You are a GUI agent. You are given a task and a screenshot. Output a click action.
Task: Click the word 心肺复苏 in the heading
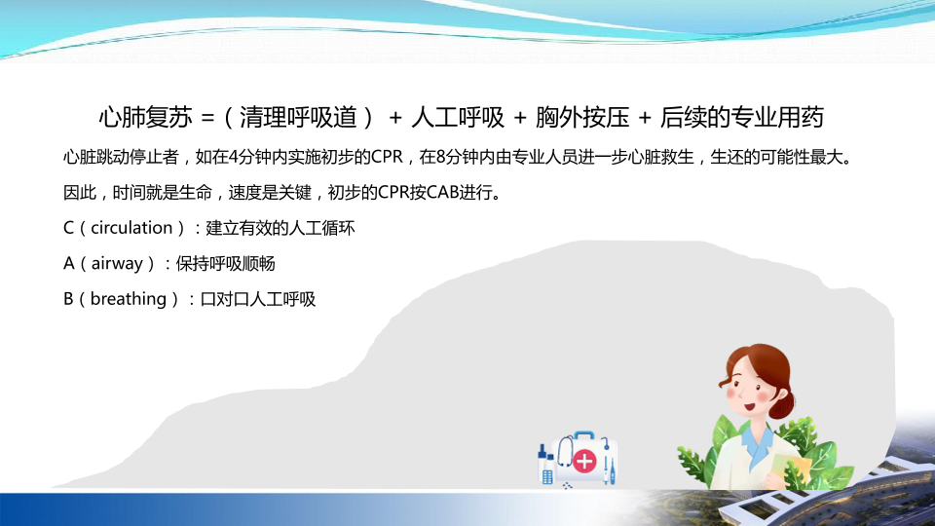(x=145, y=118)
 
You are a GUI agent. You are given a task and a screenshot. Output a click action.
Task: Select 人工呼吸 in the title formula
(x=458, y=118)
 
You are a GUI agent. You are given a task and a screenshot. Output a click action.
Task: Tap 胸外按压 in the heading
(x=582, y=118)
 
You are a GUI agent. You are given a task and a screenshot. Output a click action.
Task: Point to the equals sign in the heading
(x=207, y=118)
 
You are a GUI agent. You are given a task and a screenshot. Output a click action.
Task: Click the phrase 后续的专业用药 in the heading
(x=742, y=118)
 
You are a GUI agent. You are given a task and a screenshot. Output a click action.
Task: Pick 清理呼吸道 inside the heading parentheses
(x=298, y=118)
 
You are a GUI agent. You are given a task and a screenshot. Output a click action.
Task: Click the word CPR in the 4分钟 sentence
(x=387, y=158)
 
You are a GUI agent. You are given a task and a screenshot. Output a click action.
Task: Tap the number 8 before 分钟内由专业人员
(x=440, y=158)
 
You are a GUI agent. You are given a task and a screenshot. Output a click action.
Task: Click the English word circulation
(x=131, y=228)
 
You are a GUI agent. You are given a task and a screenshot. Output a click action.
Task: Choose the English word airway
(x=117, y=264)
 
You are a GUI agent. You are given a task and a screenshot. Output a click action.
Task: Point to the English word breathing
(x=129, y=299)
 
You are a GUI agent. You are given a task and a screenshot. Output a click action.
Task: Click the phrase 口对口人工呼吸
(x=257, y=299)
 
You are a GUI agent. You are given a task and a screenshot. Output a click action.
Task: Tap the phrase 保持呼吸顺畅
(x=225, y=264)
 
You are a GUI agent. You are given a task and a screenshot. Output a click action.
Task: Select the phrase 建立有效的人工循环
(x=280, y=228)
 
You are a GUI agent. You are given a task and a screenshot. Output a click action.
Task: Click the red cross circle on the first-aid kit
(x=584, y=461)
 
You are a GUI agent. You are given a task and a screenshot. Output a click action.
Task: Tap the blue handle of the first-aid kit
(x=583, y=434)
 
